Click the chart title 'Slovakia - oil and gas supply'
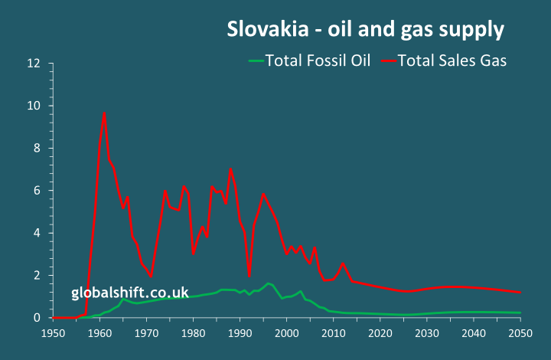pos(366,30)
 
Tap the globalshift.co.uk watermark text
pos(130,292)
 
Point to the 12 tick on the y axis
pos(33,63)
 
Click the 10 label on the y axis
pos(33,106)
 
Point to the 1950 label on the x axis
pos(53,333)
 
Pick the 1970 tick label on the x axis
pos(146,333)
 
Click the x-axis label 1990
pos(240,333)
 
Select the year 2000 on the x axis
pos(286,333)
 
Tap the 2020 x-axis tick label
pos(380,333)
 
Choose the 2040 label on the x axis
pos(474,333)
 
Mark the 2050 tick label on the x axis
pos(520,333)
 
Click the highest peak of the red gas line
pos(104,113)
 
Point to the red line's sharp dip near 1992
pos(249,275)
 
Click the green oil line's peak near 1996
pos(268,283)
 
